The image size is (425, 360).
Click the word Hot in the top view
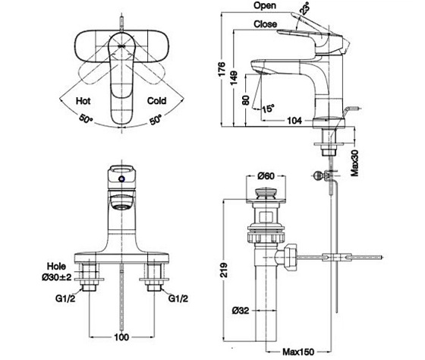click(x=83, y=101)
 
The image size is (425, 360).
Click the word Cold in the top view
click(x=156, y=101)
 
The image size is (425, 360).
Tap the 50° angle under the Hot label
click(x=86, y=119)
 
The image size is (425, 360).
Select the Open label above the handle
click(x=265, y=5)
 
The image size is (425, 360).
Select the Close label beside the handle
click(x=266, y=24)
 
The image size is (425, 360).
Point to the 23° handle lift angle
click(x=304, y=9)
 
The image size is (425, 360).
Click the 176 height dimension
click(x=222, y=69)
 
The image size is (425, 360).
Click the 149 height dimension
click(x=234, y=78)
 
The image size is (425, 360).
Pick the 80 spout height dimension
click(x=246, y=100)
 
